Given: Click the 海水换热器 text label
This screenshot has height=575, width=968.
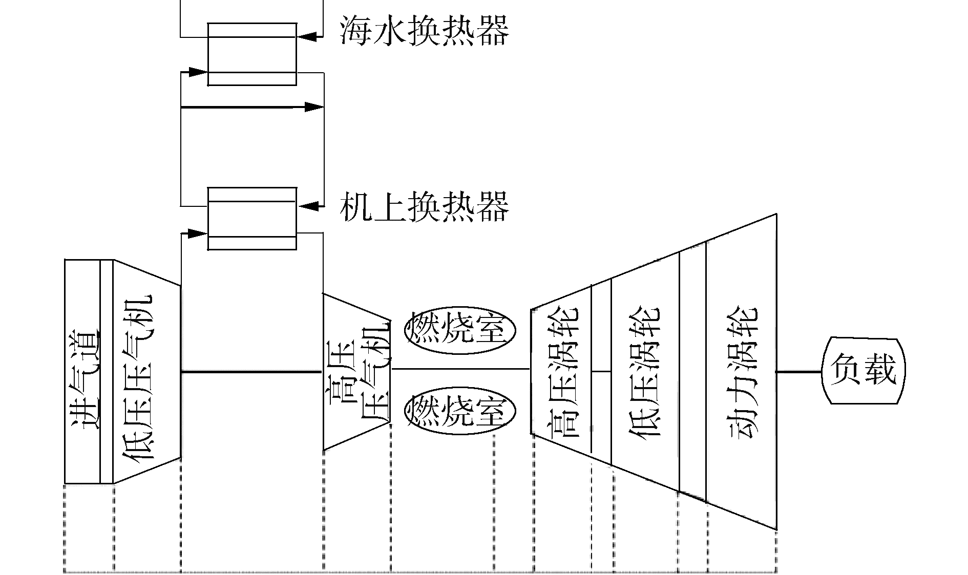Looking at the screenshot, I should pyautogui.click(x=424, y=31).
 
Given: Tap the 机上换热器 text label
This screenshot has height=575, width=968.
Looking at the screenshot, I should pyautogui.click(x=424, y=206).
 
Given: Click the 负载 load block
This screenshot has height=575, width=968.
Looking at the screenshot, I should pyautogui.click(x=864, y=370).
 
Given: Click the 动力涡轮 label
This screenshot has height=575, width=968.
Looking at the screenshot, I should pyautogui.click(x=742, y=371).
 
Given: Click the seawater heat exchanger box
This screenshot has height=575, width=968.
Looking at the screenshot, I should pyautogui.click(x=252, y=54).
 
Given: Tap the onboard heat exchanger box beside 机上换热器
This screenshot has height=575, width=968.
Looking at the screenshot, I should pyautogui.click(x=252, y=219).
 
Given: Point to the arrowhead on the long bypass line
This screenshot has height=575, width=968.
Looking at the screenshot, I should pyautogui.click(x=313, y=107).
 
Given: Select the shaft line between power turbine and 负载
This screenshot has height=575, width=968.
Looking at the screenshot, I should pyautogui.click(x=799, y=372).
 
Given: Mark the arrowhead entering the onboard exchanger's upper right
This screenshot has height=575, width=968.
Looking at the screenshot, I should pyautogui.click(x=309, y=206).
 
